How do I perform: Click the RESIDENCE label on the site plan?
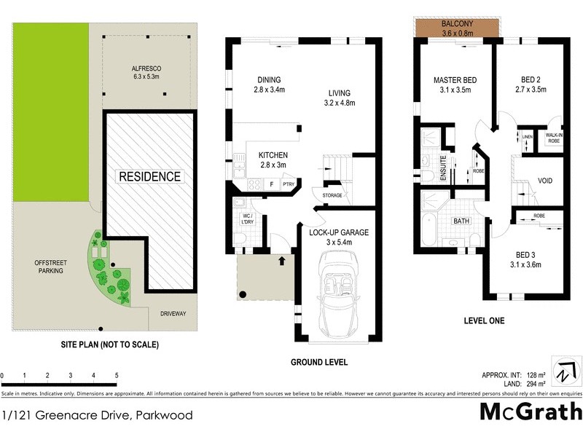149,176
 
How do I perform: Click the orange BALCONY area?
456,28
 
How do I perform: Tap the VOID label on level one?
546,180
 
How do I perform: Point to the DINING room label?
269,85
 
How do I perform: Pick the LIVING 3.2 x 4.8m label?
339,98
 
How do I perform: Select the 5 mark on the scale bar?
116,376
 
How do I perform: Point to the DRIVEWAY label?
173,314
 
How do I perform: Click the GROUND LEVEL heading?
319,362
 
